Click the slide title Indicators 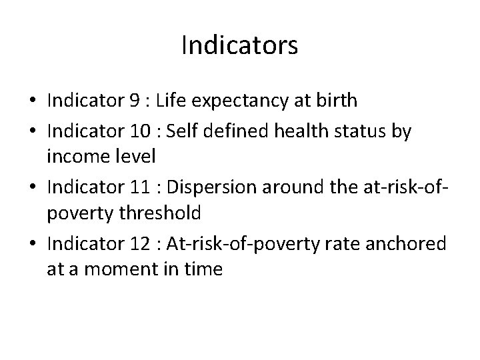click(239, 46)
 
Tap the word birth click(337, 101)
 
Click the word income click(75, 157)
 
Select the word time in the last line click(205, 270)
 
